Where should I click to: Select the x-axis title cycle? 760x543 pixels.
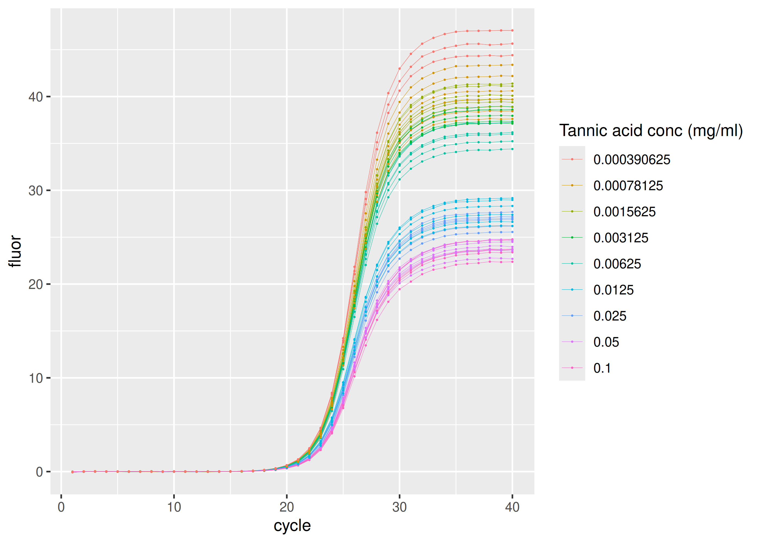coord(292,525)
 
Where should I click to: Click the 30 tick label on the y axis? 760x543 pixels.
coord(36,191)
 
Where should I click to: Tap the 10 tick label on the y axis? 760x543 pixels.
coord(36,378)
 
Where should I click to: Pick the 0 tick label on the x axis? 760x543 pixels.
coord(61,507)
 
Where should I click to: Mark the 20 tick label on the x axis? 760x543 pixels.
coord(287,507)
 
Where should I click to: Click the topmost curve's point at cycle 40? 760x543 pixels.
coord(512,30)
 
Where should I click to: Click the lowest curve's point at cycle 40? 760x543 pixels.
coord(512,262)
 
